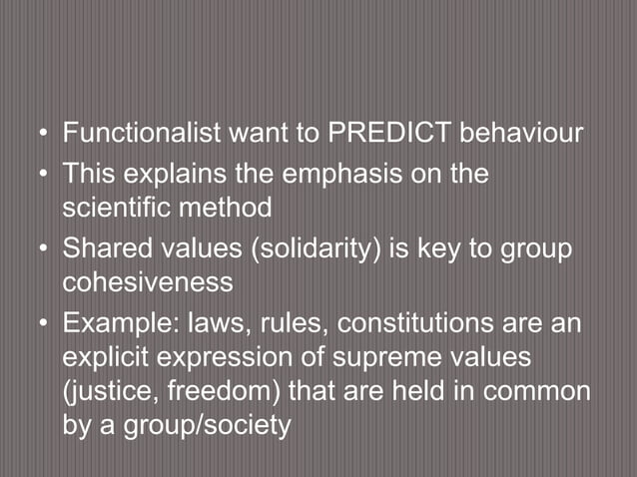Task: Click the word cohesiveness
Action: pos(148,283)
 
